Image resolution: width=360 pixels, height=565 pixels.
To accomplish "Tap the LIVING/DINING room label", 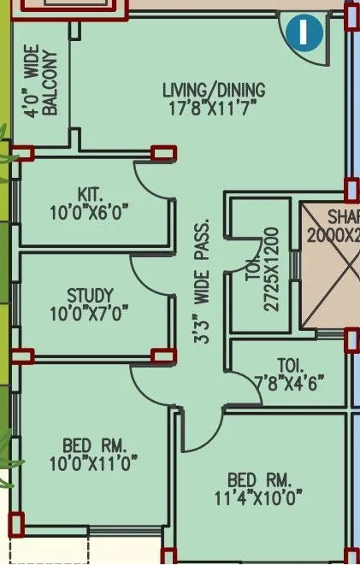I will [214, 90].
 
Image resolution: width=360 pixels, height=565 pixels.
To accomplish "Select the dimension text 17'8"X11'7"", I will [214, 107].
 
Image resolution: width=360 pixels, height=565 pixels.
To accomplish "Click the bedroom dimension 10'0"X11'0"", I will [94, 463].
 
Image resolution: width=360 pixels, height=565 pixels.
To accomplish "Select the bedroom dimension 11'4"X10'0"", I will [260, 497].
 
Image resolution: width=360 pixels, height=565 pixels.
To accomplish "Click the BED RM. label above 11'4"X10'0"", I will [259, 480].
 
